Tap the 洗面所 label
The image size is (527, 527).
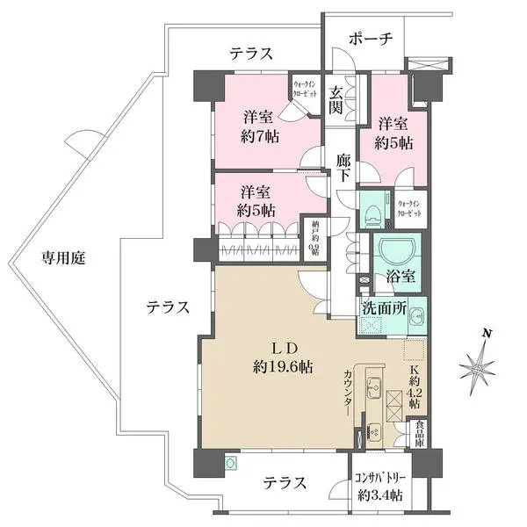click(382, 308)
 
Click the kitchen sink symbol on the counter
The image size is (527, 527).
click(372, 387)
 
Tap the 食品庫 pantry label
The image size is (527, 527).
click(420, 435)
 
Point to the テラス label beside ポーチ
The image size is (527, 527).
click(251, 54)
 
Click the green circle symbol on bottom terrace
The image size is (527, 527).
click(231, 460)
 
